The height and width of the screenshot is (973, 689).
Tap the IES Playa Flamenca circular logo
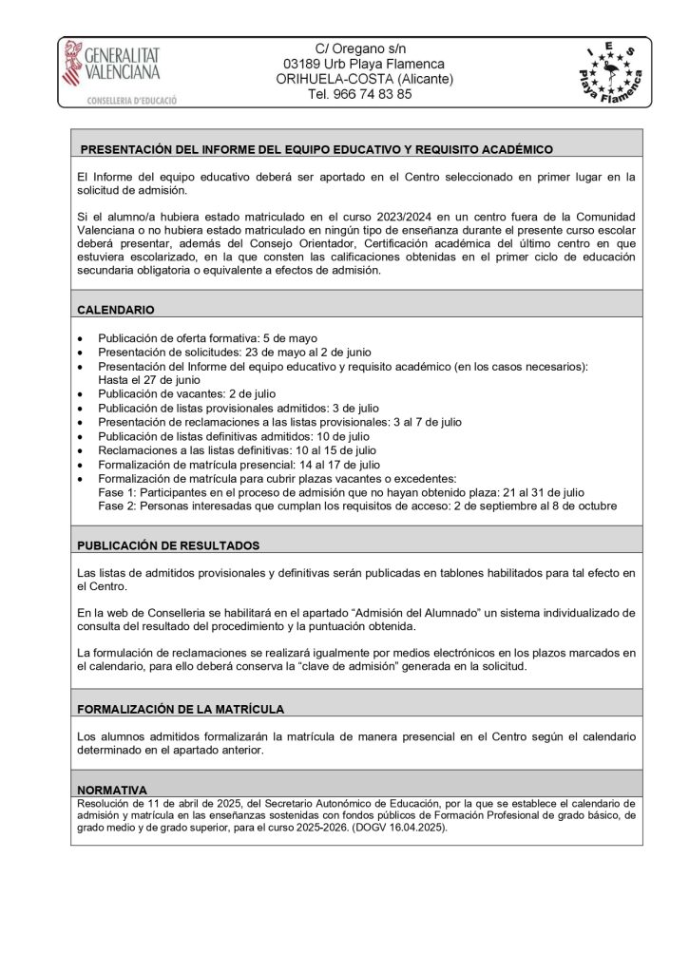(x=614, y=71)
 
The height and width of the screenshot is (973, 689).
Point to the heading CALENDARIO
(x=116, y=310)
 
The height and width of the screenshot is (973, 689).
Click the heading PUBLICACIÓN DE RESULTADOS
(x=168, y=545)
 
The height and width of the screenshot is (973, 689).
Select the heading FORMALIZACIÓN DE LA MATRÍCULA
(x=181, y=709)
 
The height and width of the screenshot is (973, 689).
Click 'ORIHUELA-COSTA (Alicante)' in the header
(x=364, y=79)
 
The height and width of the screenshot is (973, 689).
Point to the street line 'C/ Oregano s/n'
(x=363, y=48)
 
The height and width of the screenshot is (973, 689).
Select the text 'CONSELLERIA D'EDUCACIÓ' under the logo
(x=121, y=100)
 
